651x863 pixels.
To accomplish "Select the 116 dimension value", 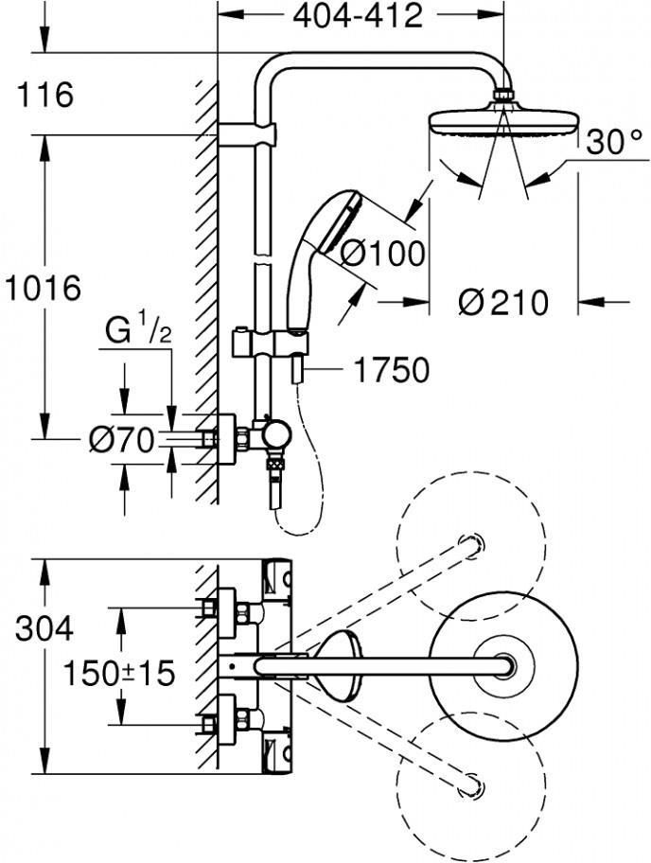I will (x=45, y=95).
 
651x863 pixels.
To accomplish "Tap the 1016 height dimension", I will (x=44, y=288).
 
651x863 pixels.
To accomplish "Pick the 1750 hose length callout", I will (x=391, y=370).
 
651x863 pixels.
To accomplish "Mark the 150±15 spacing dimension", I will (x=120, y=673).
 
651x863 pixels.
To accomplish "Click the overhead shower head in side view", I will (x=502, y=122).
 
